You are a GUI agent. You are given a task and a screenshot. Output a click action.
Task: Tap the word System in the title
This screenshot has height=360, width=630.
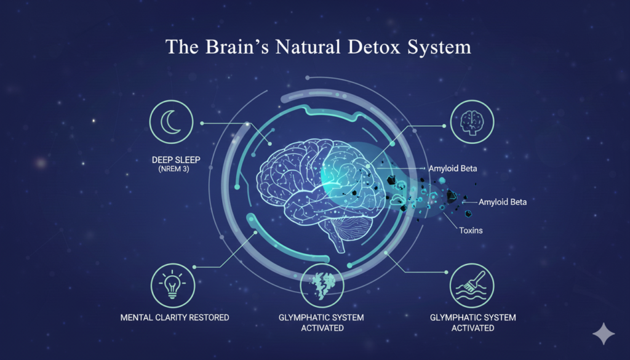[441, 48]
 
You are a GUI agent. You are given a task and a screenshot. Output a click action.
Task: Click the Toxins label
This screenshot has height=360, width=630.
[471, 231]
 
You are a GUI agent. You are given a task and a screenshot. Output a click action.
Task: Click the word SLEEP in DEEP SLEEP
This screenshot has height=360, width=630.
[185, 160]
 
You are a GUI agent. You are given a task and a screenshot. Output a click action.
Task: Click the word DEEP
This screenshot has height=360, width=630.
[161, 160]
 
